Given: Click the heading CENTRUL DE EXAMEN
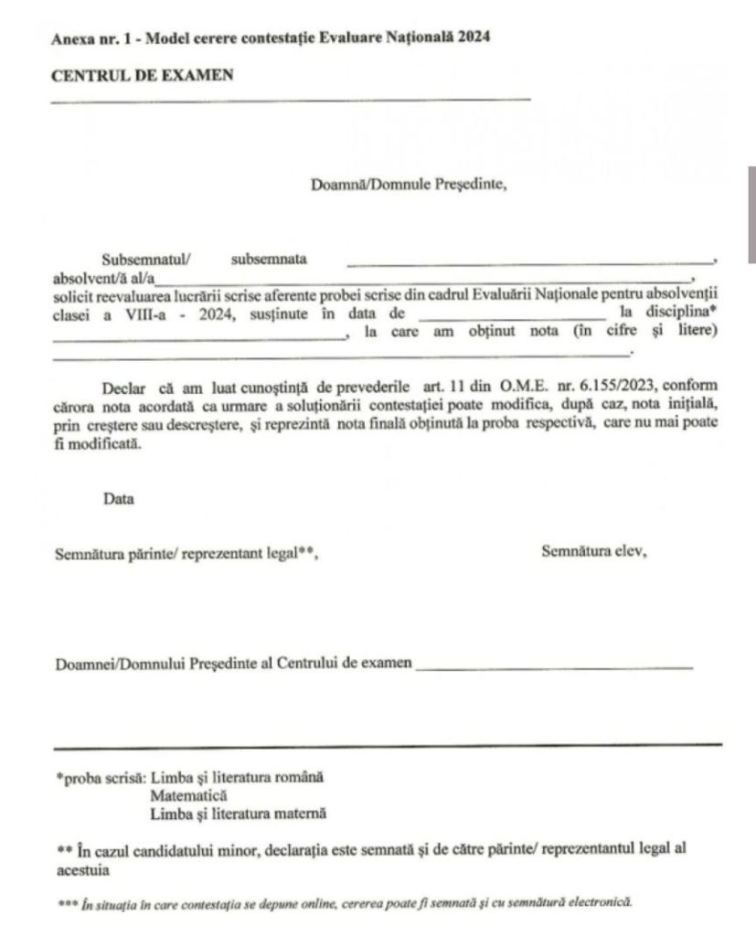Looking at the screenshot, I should [x=142, y=75].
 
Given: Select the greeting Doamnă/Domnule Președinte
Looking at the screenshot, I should [x=409, y=183].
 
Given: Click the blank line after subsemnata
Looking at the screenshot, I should [x=530, y=263].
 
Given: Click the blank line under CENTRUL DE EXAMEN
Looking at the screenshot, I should [x=291, y=98].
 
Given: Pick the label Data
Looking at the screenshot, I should [x=118, y=500].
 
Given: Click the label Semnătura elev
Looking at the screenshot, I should [x=593, y=551].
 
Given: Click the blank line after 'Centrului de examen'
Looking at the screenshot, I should [x=554, y=668].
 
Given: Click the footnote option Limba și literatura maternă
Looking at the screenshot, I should [x=238, y=812].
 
